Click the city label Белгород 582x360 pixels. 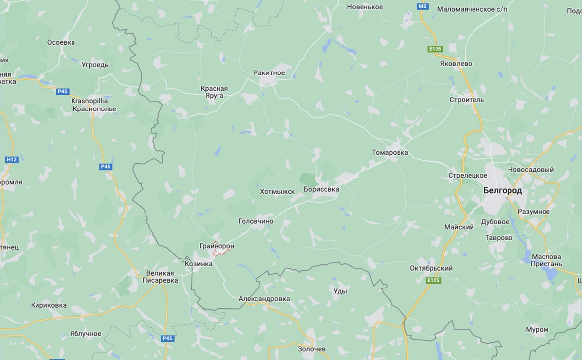point(502,191)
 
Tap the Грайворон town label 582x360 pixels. point(217,246)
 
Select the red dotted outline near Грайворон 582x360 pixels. point(222,252)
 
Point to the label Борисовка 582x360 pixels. point(322,189)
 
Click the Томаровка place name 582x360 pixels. point(390,153)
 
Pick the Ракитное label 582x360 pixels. point(269,73)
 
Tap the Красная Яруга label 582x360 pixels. point(214,92)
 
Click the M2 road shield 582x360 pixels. point(423,7)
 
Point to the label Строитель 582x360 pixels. point(467,100)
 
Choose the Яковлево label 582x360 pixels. point(456,64)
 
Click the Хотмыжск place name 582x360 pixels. point(277,191)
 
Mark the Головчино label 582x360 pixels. point(255,222)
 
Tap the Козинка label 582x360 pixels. point(198,264)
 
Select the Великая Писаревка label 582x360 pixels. point(160,277)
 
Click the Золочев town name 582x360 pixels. point(312,349)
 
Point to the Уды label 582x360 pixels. point(340,291)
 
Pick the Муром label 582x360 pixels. point(537,329)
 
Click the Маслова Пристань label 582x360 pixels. point(546,260)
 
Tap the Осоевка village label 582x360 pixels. point(61,42)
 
